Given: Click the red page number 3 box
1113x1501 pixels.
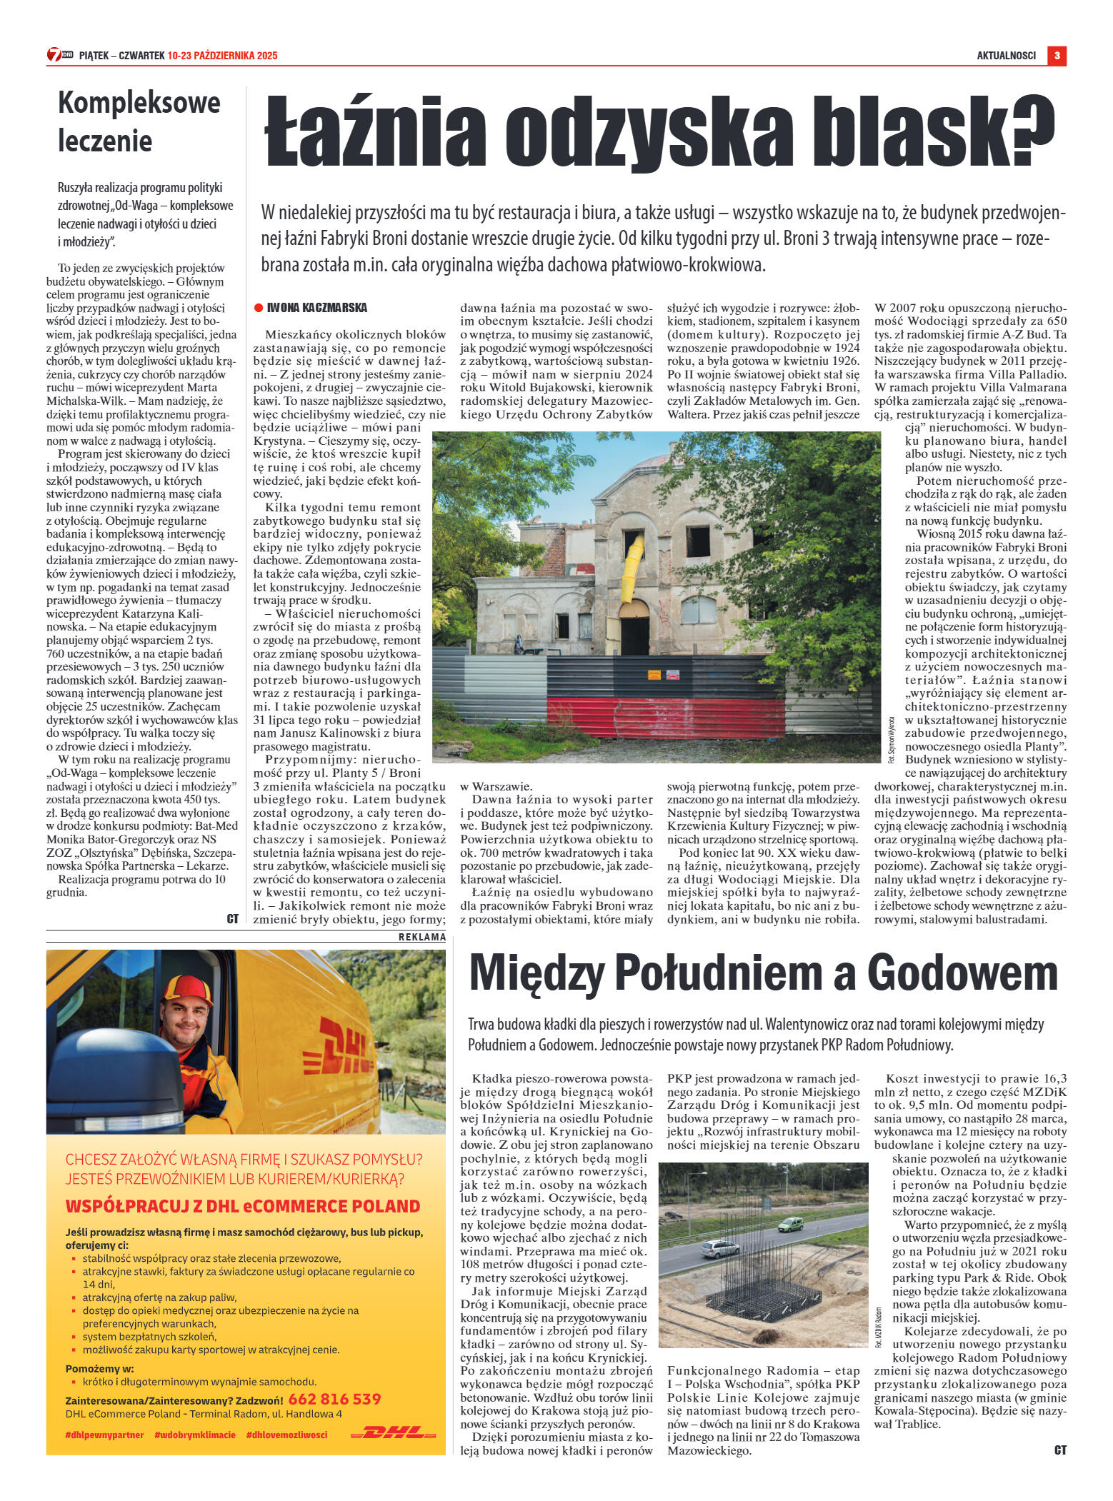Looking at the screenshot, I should tap(1057, 56).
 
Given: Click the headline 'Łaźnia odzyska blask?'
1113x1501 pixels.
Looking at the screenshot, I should tap(659, 133).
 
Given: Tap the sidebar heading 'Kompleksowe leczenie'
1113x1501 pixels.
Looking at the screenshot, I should tap(139, 122).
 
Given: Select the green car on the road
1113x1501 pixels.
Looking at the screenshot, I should tap(790, 1223).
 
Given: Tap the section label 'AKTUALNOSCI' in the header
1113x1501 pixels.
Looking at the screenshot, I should tap(1006, 56).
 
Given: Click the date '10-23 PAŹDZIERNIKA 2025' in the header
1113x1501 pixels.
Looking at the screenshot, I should tap(222, 56).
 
